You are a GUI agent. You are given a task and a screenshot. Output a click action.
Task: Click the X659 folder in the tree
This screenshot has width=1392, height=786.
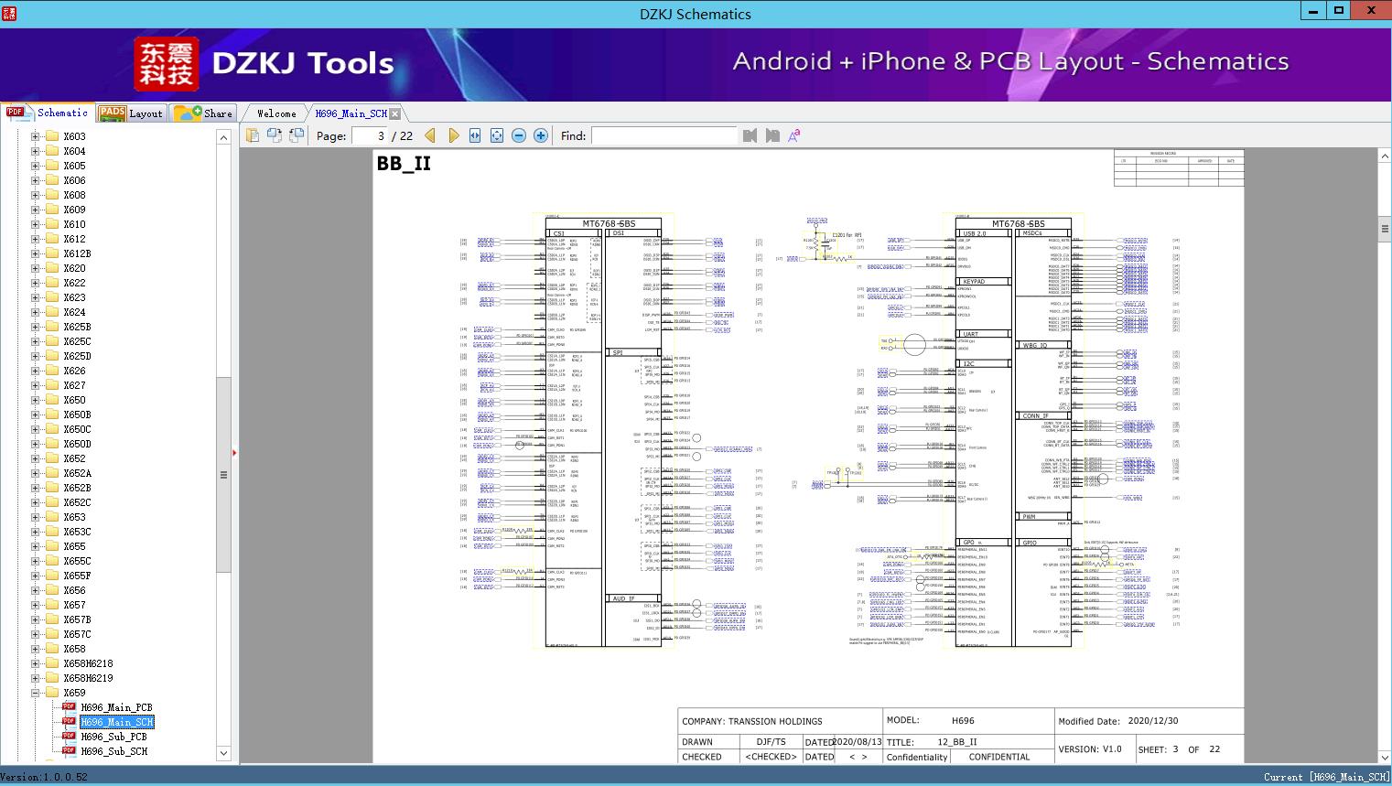74,693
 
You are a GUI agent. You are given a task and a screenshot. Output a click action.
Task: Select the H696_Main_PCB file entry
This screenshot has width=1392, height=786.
116,707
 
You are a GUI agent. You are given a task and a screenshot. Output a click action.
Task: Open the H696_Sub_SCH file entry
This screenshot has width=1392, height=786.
113,751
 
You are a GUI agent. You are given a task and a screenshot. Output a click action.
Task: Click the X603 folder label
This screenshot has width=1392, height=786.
74,136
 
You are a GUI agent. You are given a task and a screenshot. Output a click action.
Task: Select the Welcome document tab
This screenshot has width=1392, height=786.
276,113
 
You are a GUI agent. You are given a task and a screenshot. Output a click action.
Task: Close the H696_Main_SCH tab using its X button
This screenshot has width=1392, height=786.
394,113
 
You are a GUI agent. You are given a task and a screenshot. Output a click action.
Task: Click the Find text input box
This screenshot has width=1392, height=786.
664,135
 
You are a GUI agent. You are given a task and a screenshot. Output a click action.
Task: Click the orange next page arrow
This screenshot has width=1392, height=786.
453,135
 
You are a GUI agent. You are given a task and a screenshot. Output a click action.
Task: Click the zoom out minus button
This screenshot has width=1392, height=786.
519,135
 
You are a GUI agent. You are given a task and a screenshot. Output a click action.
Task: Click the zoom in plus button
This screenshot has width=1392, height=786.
541,135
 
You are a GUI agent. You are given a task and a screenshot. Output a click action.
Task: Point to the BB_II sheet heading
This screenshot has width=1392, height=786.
404,164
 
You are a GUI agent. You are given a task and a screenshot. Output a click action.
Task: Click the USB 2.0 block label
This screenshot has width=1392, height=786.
974,233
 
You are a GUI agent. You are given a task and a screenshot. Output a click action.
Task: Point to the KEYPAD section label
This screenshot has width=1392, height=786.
973,282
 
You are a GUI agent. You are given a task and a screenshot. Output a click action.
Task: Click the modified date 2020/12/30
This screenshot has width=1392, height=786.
1153,721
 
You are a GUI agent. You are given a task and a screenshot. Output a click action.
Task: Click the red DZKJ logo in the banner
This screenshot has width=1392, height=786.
167,63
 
